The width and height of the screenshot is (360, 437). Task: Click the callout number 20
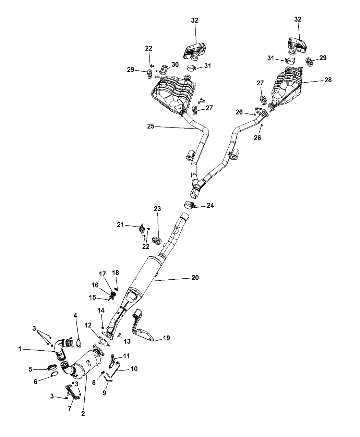(195, 278)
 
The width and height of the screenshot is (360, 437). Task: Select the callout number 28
(328, 80)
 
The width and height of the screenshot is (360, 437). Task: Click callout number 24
(210, 206)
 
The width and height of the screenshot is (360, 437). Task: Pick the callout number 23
(157, 209)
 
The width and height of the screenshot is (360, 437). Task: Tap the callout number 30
(175, 64)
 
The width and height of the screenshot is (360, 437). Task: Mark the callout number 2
(83, 414)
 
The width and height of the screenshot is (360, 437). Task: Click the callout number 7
(70, 409)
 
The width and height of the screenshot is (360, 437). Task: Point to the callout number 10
(134, 369)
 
